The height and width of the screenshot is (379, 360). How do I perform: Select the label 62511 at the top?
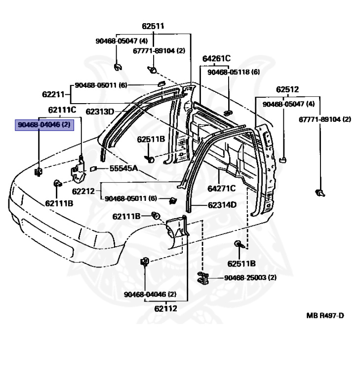click(153, 26)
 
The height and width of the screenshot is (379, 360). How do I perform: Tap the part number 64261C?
click(216, 59)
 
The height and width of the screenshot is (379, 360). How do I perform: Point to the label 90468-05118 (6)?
click(234, 72)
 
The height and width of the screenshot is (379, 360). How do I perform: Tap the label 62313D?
click(99, 112)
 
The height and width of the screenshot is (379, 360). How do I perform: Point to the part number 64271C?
click(221, 189)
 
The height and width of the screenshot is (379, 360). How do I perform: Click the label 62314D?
click(222, 204)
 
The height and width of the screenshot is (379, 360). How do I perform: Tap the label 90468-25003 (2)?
click(250, 278)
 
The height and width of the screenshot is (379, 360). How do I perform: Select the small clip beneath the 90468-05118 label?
click(228, 113)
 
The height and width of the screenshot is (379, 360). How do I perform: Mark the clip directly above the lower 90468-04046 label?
click(146, 262)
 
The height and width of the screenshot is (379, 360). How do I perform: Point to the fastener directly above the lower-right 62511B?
click(238, 244)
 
